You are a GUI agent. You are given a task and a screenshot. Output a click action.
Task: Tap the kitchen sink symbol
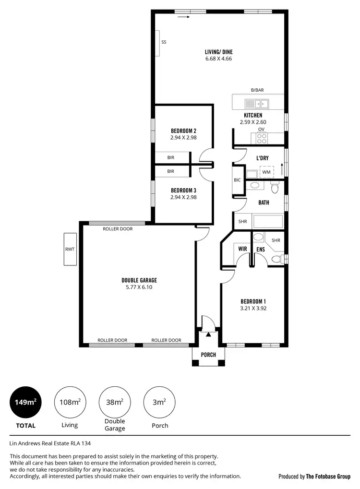tap(256, 103)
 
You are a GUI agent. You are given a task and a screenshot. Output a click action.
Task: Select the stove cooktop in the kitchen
tap(262, 138)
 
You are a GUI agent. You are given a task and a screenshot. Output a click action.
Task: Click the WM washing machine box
tap(266, 172)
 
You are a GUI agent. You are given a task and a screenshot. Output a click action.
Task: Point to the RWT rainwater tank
tap(70, 249)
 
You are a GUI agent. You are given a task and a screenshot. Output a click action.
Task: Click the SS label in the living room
tap(164, 42)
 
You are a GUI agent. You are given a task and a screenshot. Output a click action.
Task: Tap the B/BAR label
tap(257, 90)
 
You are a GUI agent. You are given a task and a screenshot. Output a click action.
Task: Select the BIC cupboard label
tap(237, 180)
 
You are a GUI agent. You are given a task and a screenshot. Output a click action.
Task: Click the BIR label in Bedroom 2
tap(170, 157)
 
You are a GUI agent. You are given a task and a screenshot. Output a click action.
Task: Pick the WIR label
tap(243, 249)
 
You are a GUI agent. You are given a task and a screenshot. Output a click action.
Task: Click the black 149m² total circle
tap(26, 402)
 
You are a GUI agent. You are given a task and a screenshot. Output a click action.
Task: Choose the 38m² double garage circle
tap(114, 402)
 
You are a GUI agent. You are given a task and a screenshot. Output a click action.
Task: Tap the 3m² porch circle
tap(159, 402)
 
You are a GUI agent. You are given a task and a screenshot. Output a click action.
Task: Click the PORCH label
tap(208, 355)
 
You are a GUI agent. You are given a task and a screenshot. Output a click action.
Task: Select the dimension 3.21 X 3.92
tap(253, 309)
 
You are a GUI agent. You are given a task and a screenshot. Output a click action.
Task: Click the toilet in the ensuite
tap(276, 259)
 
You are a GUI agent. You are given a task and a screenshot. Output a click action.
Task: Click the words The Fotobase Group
tap(328, 477)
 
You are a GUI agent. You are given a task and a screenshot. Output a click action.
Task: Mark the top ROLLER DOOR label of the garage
tap(118, 229)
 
